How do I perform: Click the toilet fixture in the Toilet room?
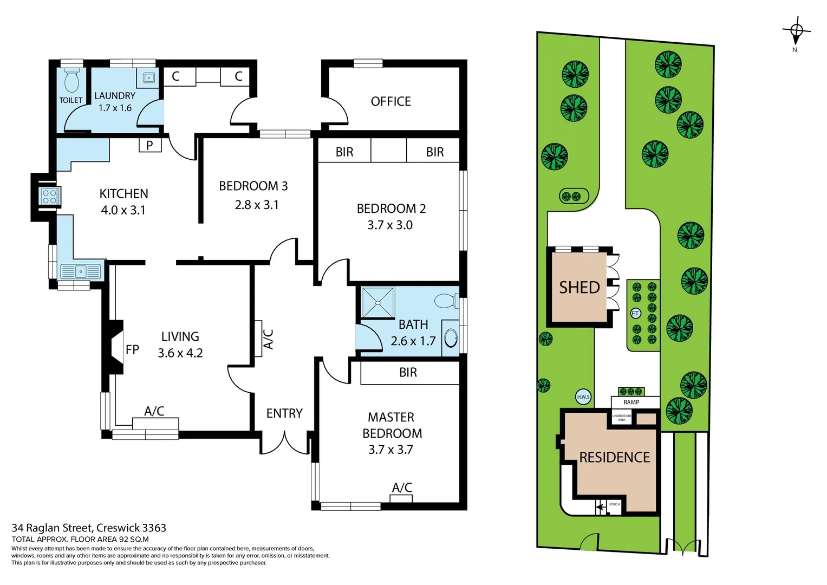[71, 81]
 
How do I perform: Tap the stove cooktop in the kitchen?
[50, 197]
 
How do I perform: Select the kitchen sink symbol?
[81, 271]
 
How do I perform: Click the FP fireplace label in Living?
[132, 350]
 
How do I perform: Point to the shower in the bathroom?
[378, 302]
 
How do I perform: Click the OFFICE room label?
[390, 101]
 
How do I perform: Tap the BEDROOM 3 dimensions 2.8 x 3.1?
[256, 205]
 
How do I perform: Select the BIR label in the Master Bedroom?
[408, 373]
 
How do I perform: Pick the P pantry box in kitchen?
[149, 145]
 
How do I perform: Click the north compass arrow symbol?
[796, 33]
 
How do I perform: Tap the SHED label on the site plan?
[579, 288]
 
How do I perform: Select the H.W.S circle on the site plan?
[583, 396]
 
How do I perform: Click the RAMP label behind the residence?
[631, 402]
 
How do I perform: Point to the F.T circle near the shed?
[635, 313]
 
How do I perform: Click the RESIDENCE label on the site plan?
[614, 457]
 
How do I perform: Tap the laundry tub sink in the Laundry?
[148, 78]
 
